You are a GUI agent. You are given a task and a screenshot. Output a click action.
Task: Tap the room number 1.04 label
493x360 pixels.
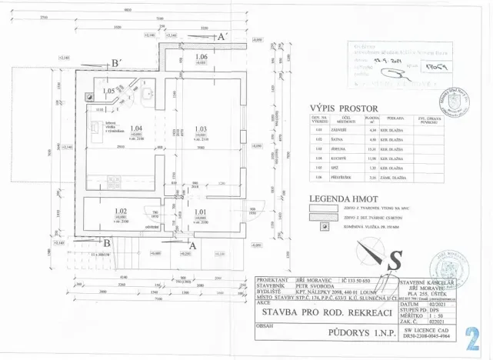(137, 128)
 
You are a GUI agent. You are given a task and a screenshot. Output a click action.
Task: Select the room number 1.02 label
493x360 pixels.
(120, 210)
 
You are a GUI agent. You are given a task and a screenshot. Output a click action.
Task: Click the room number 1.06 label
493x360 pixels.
(202, 58)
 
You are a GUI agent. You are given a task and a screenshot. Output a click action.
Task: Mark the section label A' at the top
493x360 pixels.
(222, 37)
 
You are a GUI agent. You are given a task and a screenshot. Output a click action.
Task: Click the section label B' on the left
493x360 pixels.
(115, 63)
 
